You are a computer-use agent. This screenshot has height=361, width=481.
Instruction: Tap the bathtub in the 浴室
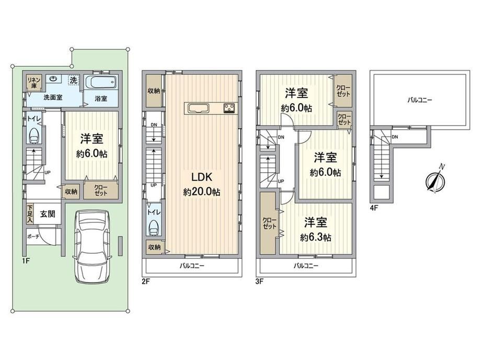point(101,82)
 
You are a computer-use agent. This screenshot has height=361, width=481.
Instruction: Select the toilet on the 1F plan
point(33,136)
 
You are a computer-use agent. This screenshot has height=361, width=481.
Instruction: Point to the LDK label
point(201,177)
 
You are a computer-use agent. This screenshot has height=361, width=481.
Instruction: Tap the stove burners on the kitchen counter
point(230,108)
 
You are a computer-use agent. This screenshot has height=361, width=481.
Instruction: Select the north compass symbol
point(436,180)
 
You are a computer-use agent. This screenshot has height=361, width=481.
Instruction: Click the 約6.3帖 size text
point(316,238)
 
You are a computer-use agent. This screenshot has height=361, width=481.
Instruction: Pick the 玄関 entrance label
point(48,213)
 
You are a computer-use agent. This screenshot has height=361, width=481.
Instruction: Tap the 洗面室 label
point(53,97)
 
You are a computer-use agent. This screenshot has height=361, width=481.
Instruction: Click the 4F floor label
point(374,208)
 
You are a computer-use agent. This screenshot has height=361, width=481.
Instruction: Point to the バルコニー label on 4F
point(420,100)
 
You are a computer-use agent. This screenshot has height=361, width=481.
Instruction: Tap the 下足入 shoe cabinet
point(30,213)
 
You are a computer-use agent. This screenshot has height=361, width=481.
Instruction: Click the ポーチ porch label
point(33,236)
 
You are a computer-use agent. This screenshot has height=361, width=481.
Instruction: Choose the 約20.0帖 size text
point(201,192)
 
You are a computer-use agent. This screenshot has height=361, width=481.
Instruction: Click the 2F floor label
point(146,281)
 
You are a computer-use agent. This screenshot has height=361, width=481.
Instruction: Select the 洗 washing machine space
point(73,81)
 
